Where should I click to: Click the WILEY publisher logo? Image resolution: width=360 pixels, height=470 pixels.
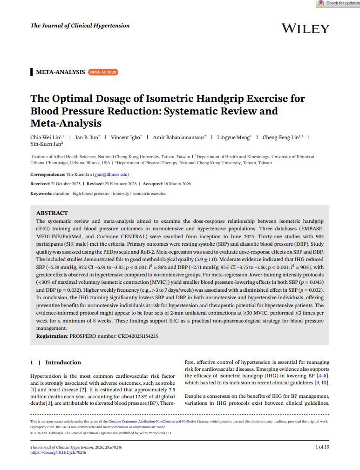click(305, 28)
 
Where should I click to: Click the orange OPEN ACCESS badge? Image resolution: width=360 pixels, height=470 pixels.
click(103, 72)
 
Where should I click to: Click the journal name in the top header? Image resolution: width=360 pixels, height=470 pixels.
click(80, 26)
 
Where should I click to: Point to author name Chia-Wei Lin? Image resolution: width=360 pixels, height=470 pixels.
click(44, 137)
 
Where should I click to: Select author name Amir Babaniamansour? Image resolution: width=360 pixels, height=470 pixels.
click(177, 137)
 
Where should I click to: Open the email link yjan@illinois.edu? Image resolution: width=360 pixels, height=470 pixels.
click(110, 175)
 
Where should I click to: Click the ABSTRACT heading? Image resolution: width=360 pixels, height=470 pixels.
click(52, 213)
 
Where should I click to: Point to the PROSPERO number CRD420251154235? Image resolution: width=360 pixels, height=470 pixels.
click(131, 336)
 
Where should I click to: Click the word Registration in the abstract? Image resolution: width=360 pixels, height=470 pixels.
click(51, 336)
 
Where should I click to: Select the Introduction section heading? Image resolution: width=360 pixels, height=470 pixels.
click(63, 363)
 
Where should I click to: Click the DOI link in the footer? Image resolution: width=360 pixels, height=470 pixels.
click(58, 452)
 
